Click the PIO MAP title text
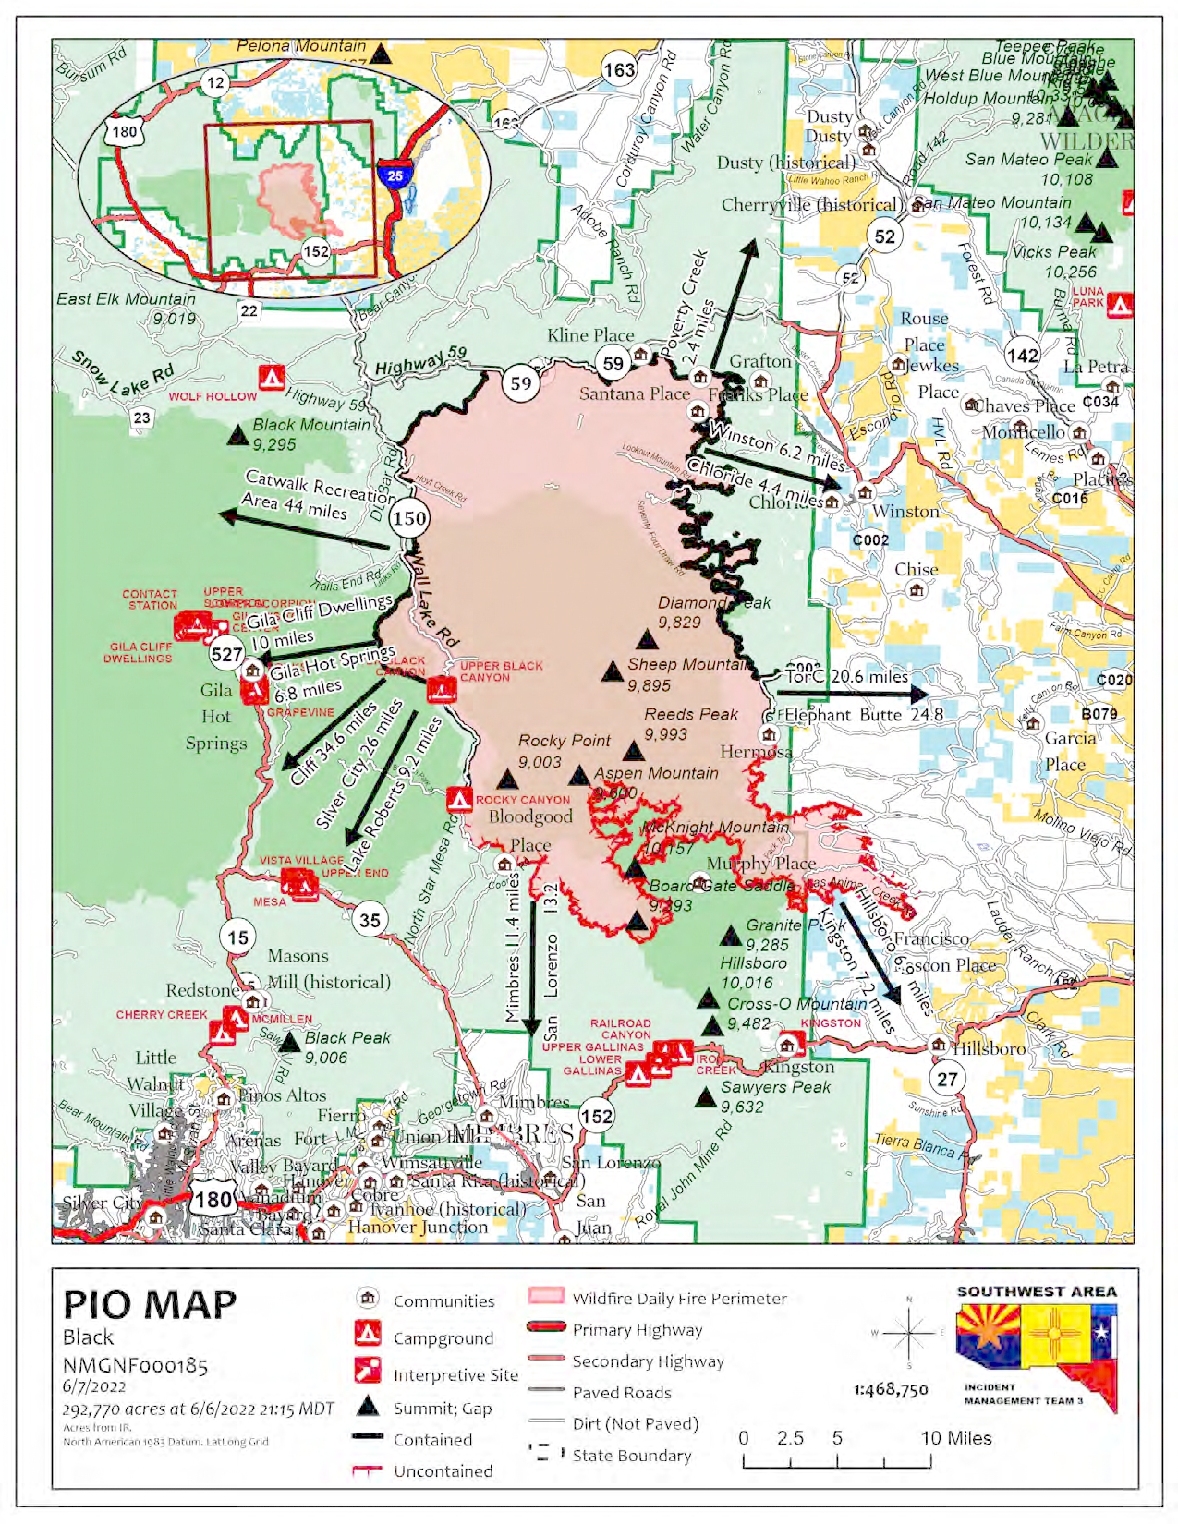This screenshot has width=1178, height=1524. pyautogui.click(x=150, y=1304)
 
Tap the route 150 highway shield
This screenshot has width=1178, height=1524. pyautogui.click(x=409, y=518)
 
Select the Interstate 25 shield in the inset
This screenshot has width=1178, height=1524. pyautogui.click(x=395, y=175)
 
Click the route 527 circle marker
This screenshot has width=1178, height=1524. pyautogui.click(x=226, y=655)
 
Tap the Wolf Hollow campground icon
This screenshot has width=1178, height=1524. pyautogui.click(x=271, y=377)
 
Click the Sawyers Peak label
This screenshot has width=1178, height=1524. pyautogui.click(x=775, y=1087)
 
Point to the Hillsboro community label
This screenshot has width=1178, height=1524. pyautogui.click(x=989, y=1049)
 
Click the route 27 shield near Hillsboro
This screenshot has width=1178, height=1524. pyautogui.click(x=948, y=1079)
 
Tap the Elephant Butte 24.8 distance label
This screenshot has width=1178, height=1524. pyautogui.click(x=863, y=715)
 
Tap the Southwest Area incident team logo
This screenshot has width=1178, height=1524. pyautogui.click(x=1037, y=1349)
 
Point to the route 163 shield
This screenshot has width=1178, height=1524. pyautogui.click(x=619, y=69)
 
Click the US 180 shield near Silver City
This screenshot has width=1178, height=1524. pyautogui.click(x=213, y=1200)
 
